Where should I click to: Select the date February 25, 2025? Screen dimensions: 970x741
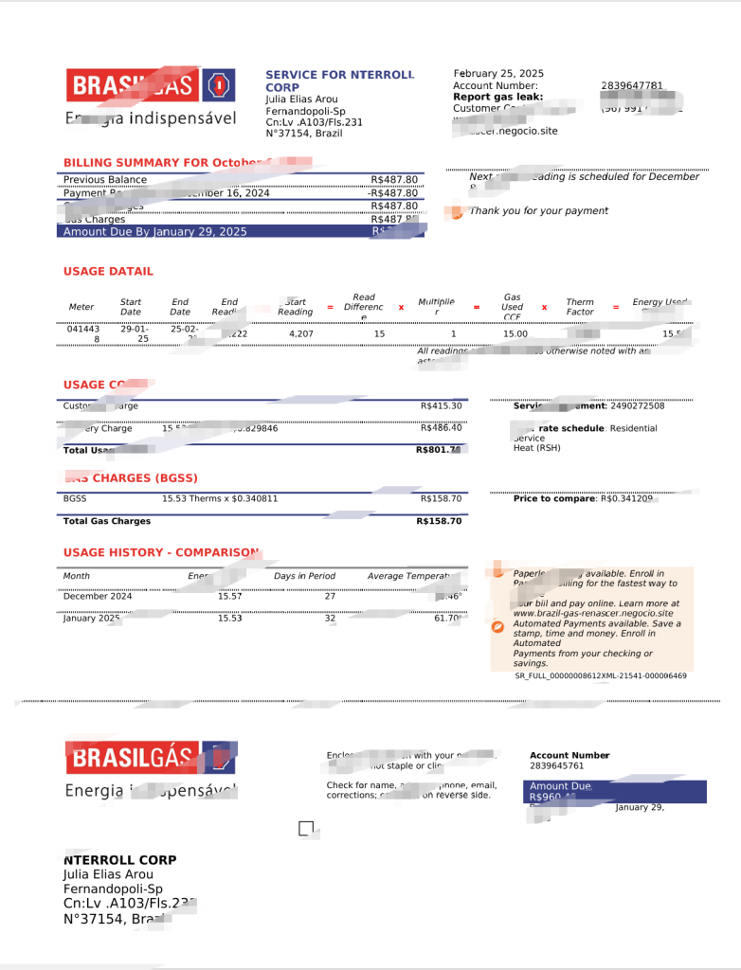[498, 73]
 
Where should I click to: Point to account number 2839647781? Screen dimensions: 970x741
[632, 85]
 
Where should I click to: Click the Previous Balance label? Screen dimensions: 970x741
[105, 179]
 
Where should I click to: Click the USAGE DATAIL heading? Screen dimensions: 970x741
[108, 271]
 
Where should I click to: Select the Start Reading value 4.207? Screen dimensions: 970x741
[301, 333]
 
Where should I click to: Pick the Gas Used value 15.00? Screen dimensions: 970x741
[515, 333]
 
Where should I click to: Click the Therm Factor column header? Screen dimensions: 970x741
[580, 307]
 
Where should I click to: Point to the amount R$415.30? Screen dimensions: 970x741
[442, 405]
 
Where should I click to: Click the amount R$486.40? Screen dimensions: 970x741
[442, 428]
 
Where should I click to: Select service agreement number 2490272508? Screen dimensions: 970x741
[637, 405]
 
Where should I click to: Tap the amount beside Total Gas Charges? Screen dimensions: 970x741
[439, 521]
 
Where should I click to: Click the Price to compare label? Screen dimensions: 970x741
[554, 498]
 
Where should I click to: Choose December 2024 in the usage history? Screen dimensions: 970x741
[98, 596]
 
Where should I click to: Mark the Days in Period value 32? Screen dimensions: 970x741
[304, 618]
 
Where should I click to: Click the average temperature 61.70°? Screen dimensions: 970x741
[448, 618]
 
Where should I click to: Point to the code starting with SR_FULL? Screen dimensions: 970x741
[601, 675]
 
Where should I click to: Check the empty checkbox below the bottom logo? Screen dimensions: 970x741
[306, 829]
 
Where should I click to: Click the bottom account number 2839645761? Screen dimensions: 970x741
[556, 765]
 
